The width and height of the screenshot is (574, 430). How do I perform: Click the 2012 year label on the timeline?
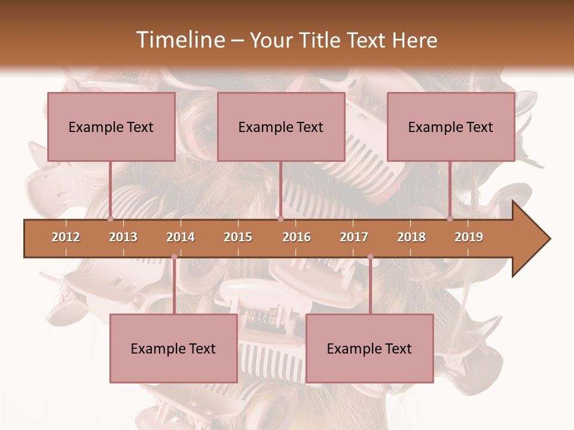pos(66,237)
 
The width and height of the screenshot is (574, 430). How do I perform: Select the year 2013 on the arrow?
pos(123,237)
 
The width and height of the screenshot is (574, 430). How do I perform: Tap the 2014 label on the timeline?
pos(181,237)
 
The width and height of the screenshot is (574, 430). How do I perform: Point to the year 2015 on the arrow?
pos(238,237)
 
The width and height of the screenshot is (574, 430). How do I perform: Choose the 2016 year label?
pos(297,237)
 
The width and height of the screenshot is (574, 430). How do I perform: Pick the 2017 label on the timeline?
pos(354,237)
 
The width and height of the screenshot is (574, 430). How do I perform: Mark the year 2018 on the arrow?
pos(411,237)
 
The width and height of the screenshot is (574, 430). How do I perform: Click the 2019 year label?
pos(469,237)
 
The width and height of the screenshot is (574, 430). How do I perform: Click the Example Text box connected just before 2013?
pos(111,127)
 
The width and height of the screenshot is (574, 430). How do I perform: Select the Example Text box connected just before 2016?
pos(281,127)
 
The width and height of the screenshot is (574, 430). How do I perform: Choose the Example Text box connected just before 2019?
pos(451,127)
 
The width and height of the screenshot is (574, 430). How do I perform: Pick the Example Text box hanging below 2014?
pos(173,348)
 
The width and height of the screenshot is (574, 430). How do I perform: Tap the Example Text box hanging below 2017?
pos(370,348)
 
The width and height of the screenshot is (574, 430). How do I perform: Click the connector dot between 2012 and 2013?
pos(111,219)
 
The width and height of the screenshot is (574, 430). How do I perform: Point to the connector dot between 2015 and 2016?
pos(280,219)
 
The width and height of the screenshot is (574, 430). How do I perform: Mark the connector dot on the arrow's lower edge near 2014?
pos(174,257)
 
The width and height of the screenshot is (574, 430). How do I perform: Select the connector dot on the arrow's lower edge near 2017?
pos(370,257)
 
